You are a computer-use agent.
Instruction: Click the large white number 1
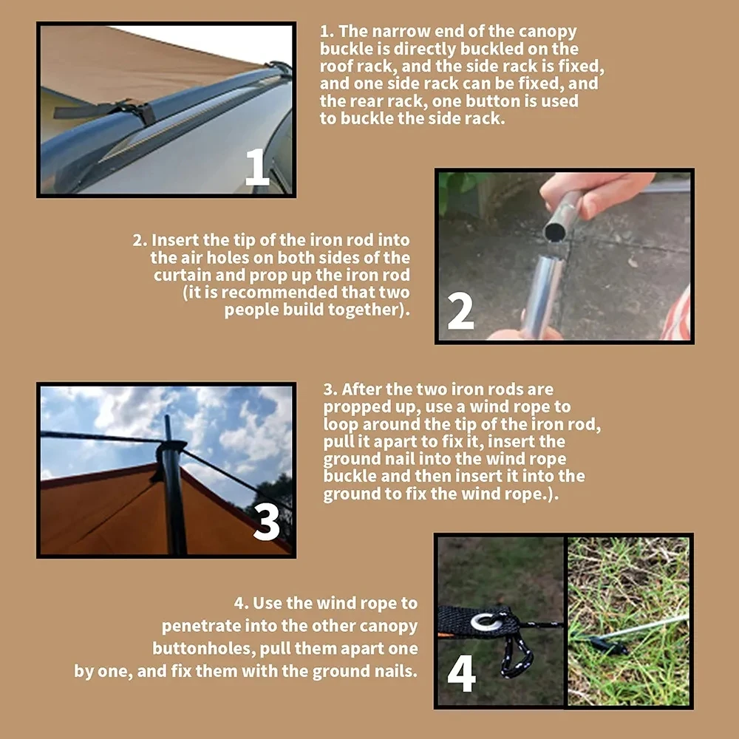pyautogui.click(x=257, y=166)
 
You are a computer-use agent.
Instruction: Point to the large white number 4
pyautogui.click(x=461, y=674)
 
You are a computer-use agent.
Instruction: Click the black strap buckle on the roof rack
pyautogui.click(x=137, y=112)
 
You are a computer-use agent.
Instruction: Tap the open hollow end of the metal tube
pyautogui.click(x=555, y=232)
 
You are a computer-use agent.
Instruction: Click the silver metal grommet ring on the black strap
pyautogui.click(x=486, y=622)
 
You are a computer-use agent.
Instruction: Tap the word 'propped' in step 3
pyautogui.click(x=356, y=406)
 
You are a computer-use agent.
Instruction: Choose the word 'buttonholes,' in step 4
pyautogui.click(x=204, y=649)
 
